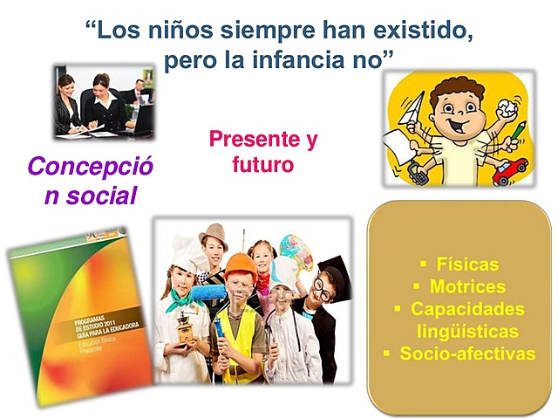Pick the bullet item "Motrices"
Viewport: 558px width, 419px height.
(x=467, y=287)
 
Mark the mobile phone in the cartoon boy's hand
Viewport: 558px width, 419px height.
(x=419, y=169)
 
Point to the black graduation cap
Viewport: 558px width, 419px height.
(x=334, y=268)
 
